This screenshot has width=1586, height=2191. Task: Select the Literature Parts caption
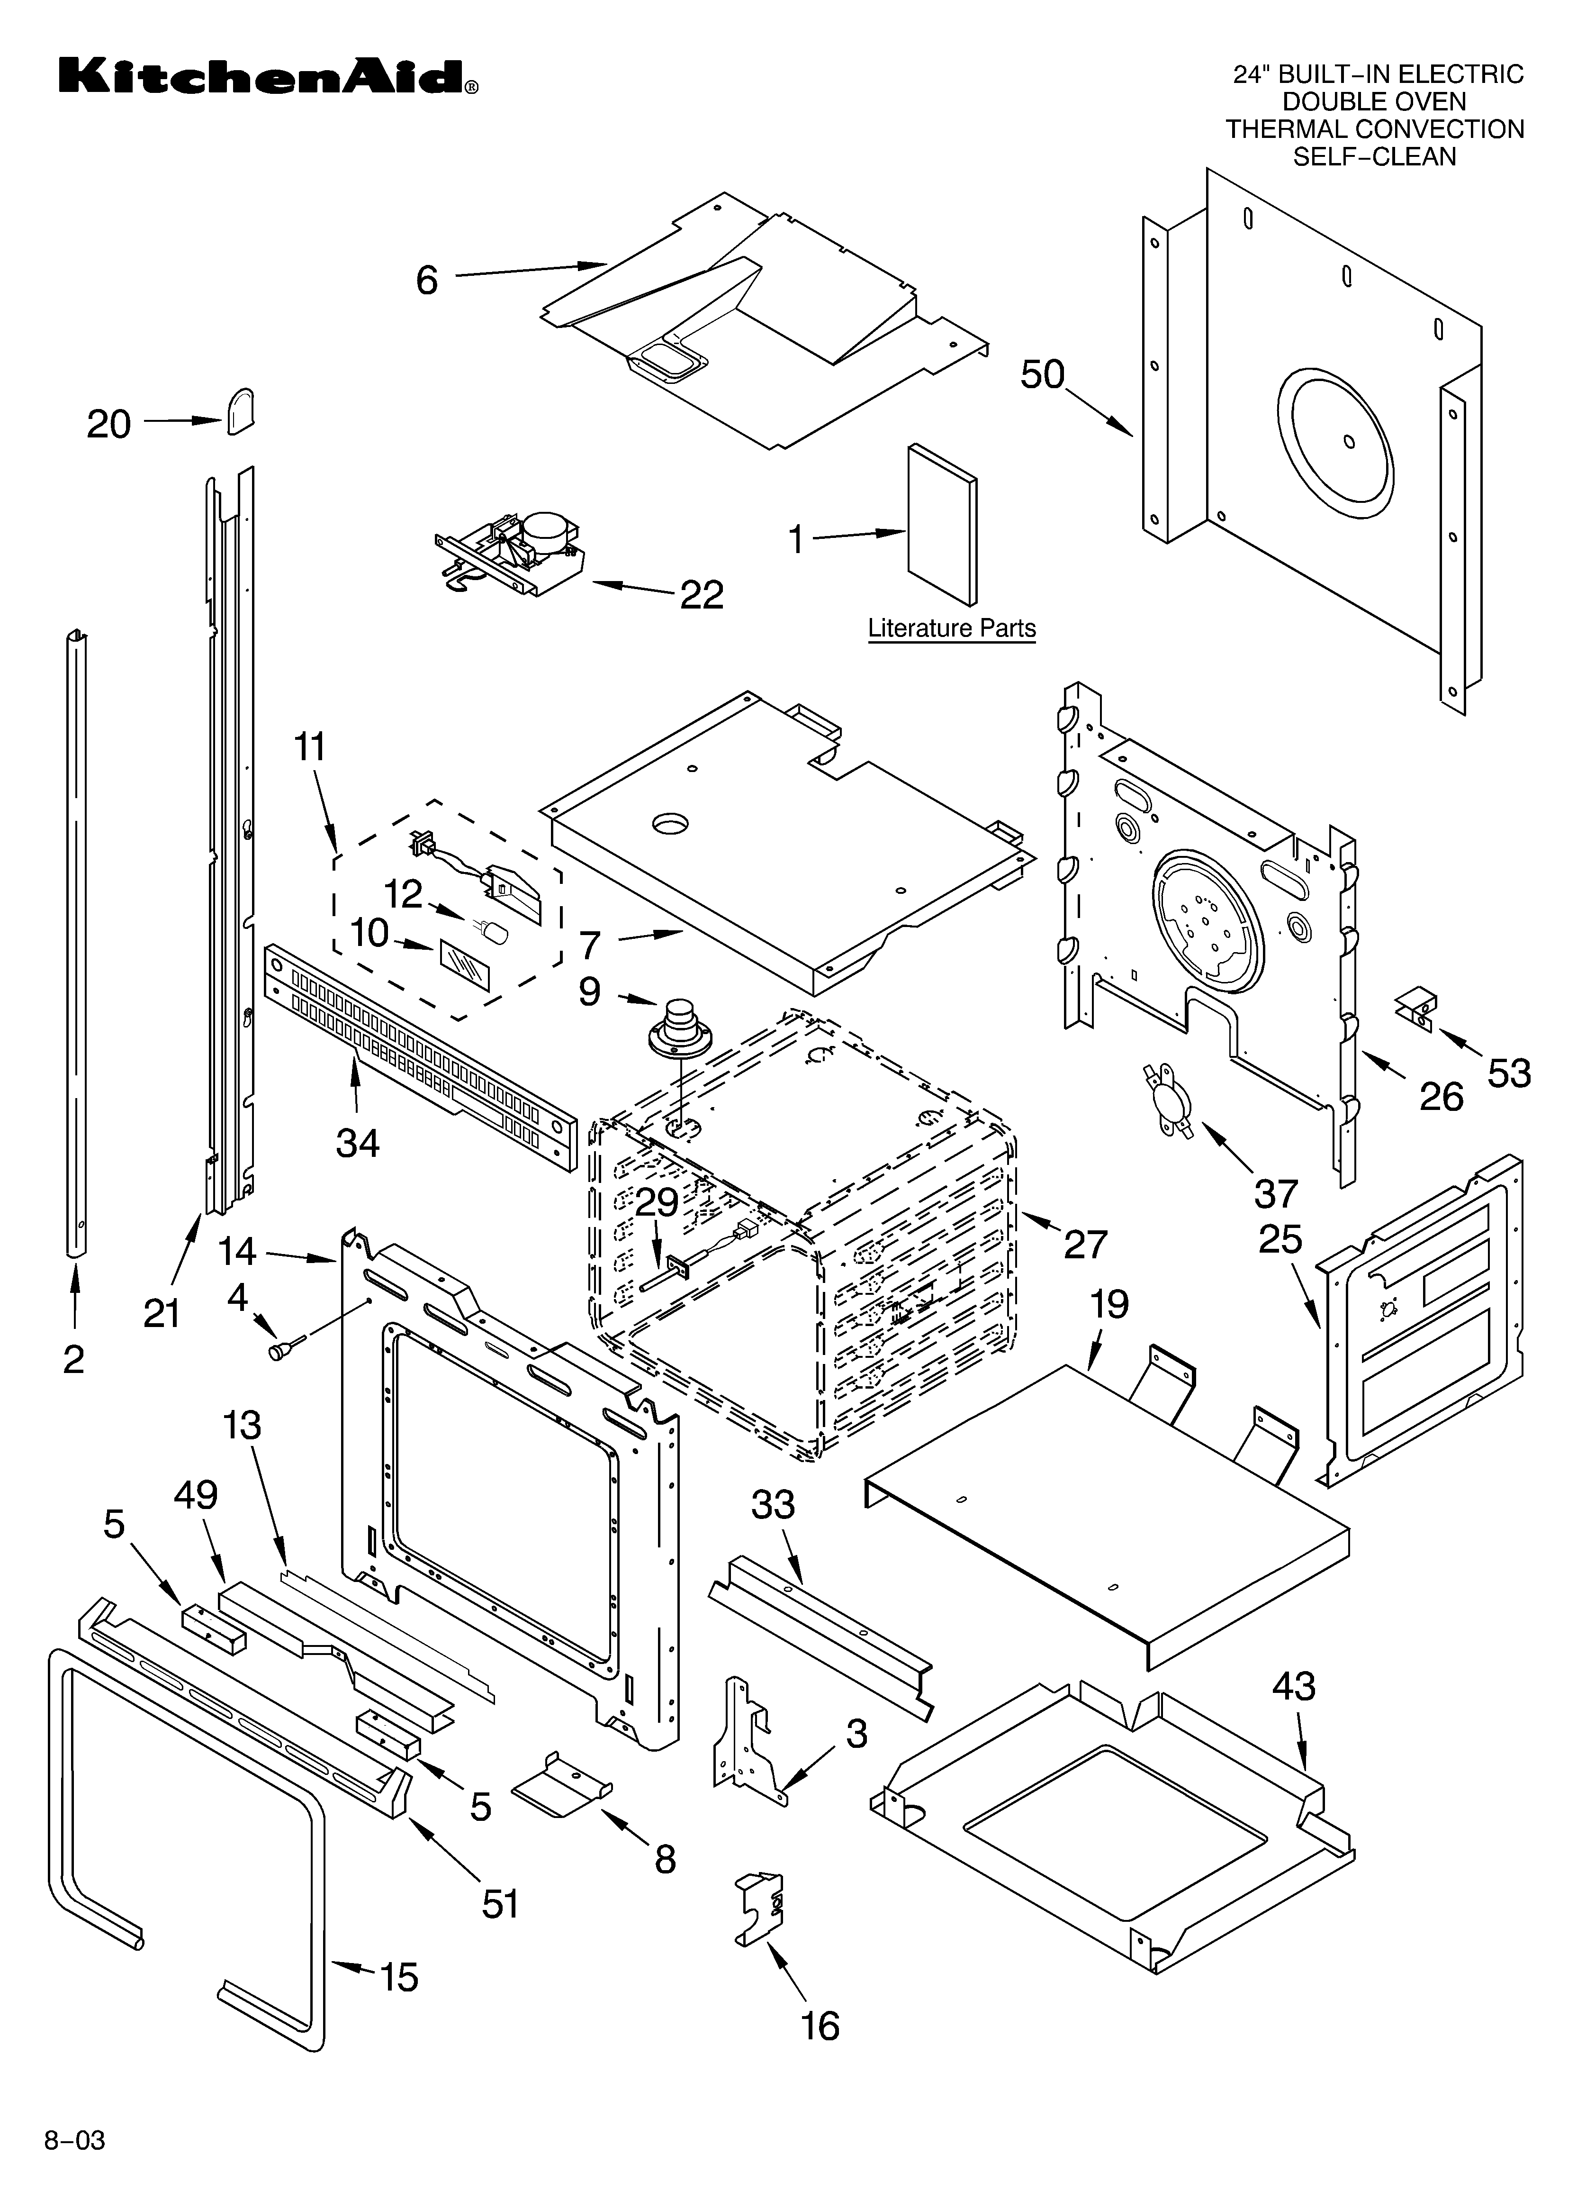point(951,629)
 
